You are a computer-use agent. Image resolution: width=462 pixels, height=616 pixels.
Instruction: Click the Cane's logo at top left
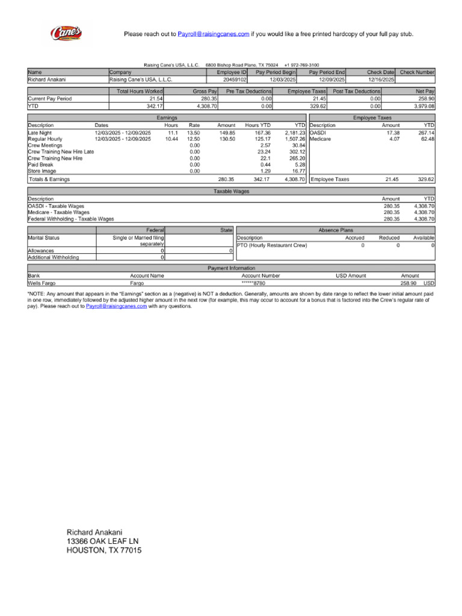(x=66, y=33)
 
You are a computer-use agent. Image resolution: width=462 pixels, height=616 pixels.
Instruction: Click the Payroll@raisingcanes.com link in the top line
(x=213, y=34)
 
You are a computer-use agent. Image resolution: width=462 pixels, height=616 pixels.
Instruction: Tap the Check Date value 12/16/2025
(x=381, y=79)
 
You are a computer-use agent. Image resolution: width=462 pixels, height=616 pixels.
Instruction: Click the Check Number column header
(x=417, y=72)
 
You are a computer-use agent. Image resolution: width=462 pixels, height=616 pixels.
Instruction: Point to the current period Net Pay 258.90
(x=426, y=98)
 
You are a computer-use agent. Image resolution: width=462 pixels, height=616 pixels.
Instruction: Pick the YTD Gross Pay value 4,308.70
(x=206, y=105)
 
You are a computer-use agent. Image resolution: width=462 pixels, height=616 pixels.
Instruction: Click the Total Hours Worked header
(x=140, y=91)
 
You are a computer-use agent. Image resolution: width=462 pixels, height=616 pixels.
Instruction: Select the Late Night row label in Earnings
(x=40, y=132)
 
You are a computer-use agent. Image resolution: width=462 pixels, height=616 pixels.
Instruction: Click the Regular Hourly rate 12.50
(x=194, y=139)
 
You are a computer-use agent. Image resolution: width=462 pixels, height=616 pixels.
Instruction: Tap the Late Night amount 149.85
(x=227, y=132)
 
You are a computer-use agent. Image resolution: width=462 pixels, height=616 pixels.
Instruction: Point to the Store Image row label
(x=42, y=171)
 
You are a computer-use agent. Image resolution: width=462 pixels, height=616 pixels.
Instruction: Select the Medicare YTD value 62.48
(x=427, y=139)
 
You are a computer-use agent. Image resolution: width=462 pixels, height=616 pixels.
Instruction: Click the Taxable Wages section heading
(x=232, y=191)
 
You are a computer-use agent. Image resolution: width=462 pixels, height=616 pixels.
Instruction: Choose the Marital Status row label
(x=44, y=238)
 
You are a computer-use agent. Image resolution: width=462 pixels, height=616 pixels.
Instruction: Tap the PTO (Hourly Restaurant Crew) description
(x=272, y=245)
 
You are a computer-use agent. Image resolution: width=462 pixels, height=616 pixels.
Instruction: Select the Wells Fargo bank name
(x=42, y=282)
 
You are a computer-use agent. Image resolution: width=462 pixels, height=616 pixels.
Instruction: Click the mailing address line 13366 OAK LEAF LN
(x=102, y=541)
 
